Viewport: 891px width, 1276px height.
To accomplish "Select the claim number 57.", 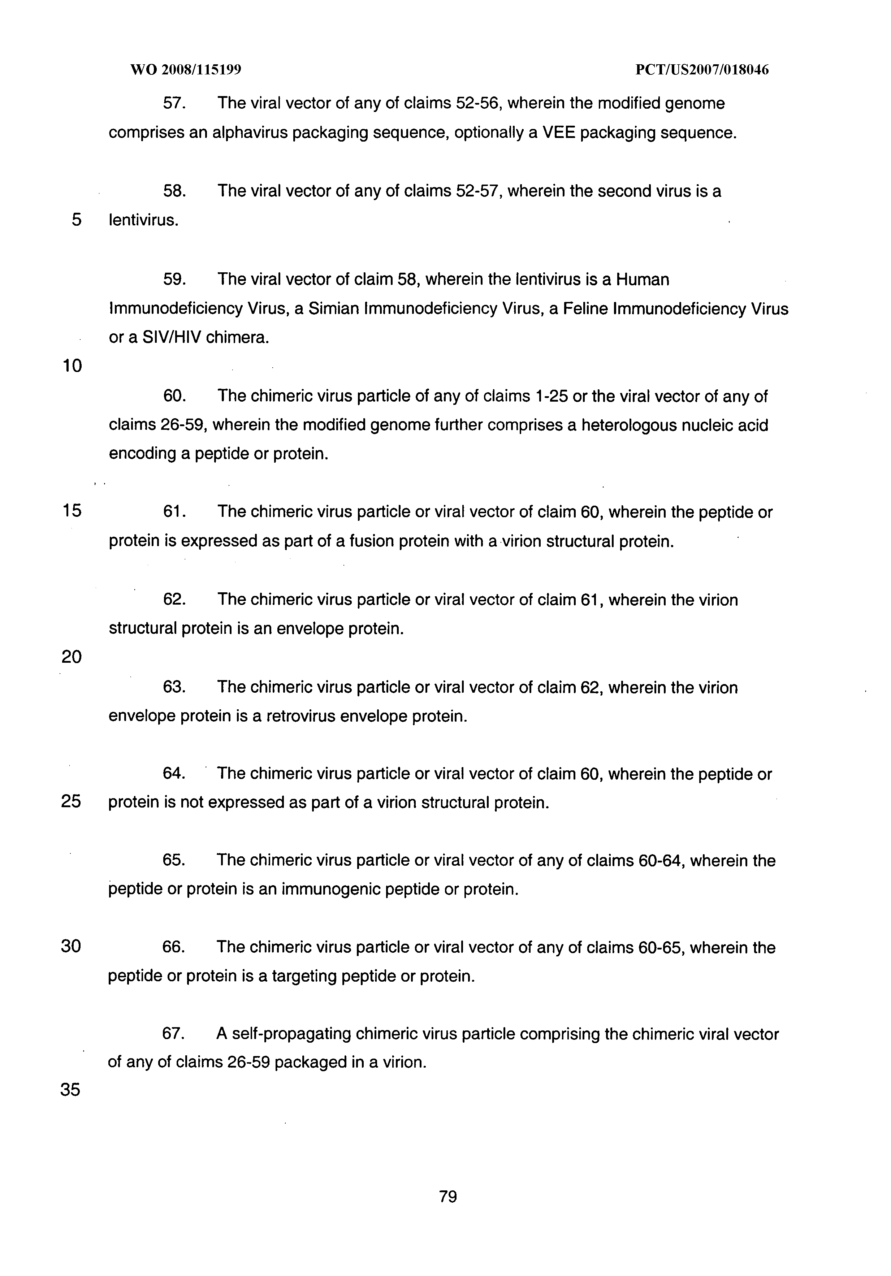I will (x=174, y=103).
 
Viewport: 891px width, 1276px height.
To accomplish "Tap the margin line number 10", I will (x=72, y=366).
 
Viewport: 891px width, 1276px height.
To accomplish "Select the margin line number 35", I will (x=70, y=1090).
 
